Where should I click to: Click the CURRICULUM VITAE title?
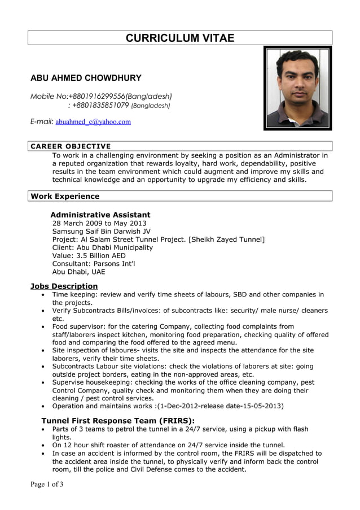[179, 38]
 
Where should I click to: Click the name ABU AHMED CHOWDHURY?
[86, 78]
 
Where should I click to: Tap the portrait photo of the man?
[297, 88]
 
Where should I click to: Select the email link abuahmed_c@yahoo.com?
[93, 121]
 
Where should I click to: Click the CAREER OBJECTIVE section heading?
[71, 146]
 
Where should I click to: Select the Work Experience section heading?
[65, 196]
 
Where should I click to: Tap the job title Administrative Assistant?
[100, 215]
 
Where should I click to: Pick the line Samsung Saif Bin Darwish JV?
[102, 232]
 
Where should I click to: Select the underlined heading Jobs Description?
[64, 286]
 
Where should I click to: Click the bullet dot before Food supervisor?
[44, 327]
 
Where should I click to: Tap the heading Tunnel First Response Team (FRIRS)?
[118, 420]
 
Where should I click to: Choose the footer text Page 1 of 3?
[47, 484]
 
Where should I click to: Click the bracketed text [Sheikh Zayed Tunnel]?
[227, 239]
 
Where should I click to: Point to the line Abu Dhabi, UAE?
[78, 271]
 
